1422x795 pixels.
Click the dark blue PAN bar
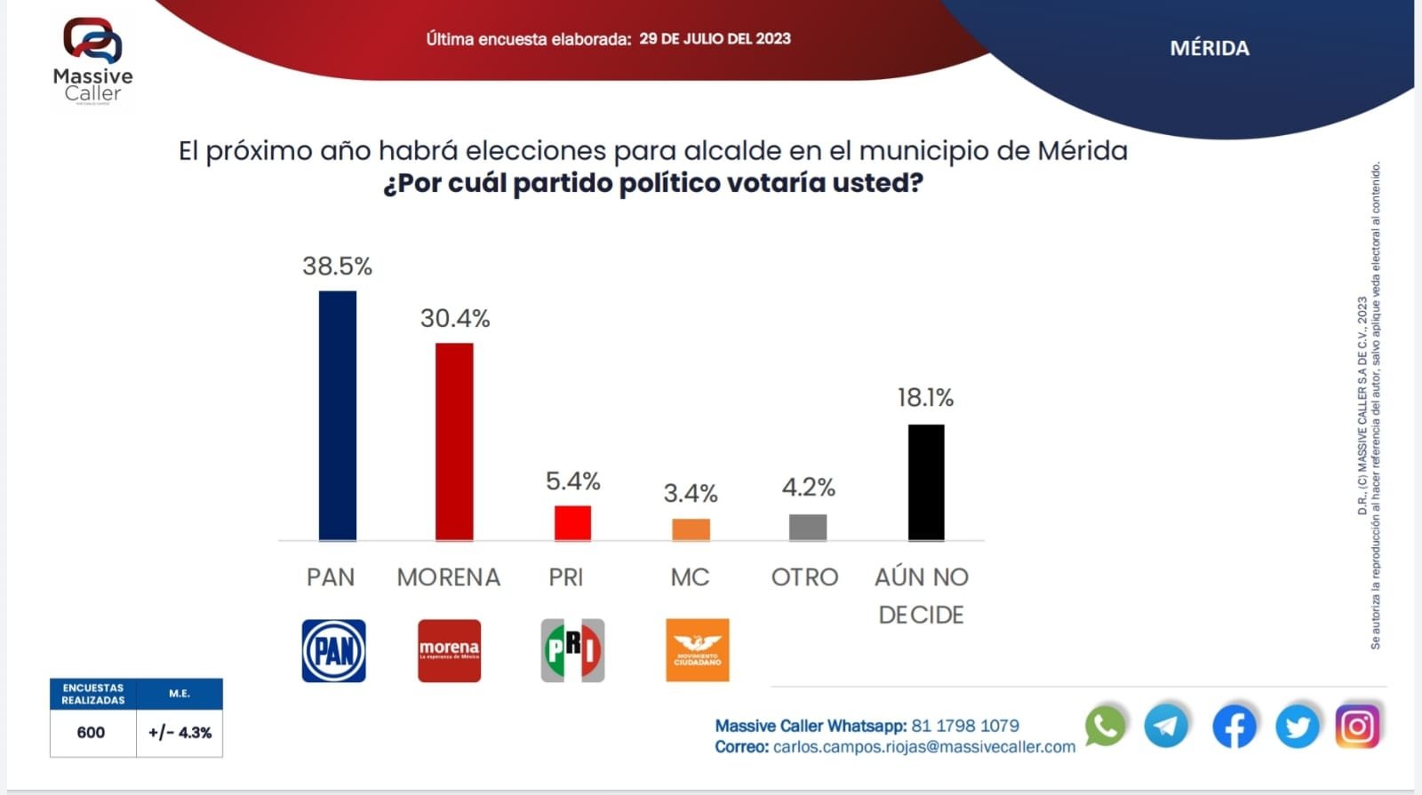click(x=338, y=416)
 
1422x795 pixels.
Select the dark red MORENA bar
click(x=454, y=441)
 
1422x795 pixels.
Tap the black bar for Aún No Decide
click(x=926, y=482)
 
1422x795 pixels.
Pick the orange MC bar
click(x=691, y=529)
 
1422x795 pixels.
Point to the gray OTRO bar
click(x=808, y=527)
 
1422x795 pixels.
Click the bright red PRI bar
click(x=572, y=523)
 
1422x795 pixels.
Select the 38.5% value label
click(x=337, y=266)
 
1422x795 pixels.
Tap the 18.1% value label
click(x=925, y=397)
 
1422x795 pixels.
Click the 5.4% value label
click(x=572, y=481)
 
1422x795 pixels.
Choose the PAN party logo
click(x=333, y=651)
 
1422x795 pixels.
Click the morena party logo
click(x=449, y=651)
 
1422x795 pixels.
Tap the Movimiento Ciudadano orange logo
click(x=697, y=650)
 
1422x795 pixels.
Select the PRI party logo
click(x=572, y=650)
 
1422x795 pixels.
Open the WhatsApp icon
click(x=1105, y=726)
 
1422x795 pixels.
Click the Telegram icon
click(x=1166, y=726)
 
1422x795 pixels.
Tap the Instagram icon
click(x=1357, y=727)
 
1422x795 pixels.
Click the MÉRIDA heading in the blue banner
click(x=1209, y=49)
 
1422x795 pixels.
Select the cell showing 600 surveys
click(x=92, y=733)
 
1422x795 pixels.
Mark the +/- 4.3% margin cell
click(x=180, y=733)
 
